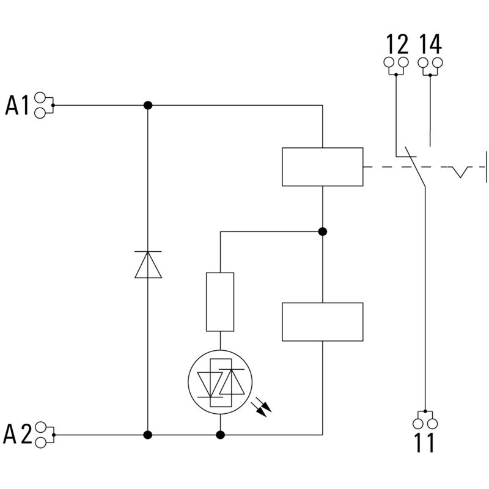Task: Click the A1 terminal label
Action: (x=17, y=105)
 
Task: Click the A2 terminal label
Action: (x=17, y=435)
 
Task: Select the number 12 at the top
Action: (x=396, y=44)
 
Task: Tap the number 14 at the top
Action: (x=430, y=44)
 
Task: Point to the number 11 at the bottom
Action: (x=424, y=443)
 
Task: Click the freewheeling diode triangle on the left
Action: (x=148, y=265)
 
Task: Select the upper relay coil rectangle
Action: (x=322, y=166)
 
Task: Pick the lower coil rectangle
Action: (x=322, y=322)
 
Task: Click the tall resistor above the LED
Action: (x=220, y=302)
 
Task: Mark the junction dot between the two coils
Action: (x=323, y=232)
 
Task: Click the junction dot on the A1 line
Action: (x=148, y=105)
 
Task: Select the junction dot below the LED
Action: (x=220, y=435)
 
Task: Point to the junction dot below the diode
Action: (x=148, y=435)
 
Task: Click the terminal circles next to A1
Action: (x=42, y=105)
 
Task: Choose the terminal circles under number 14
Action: (x=430, y=63)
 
